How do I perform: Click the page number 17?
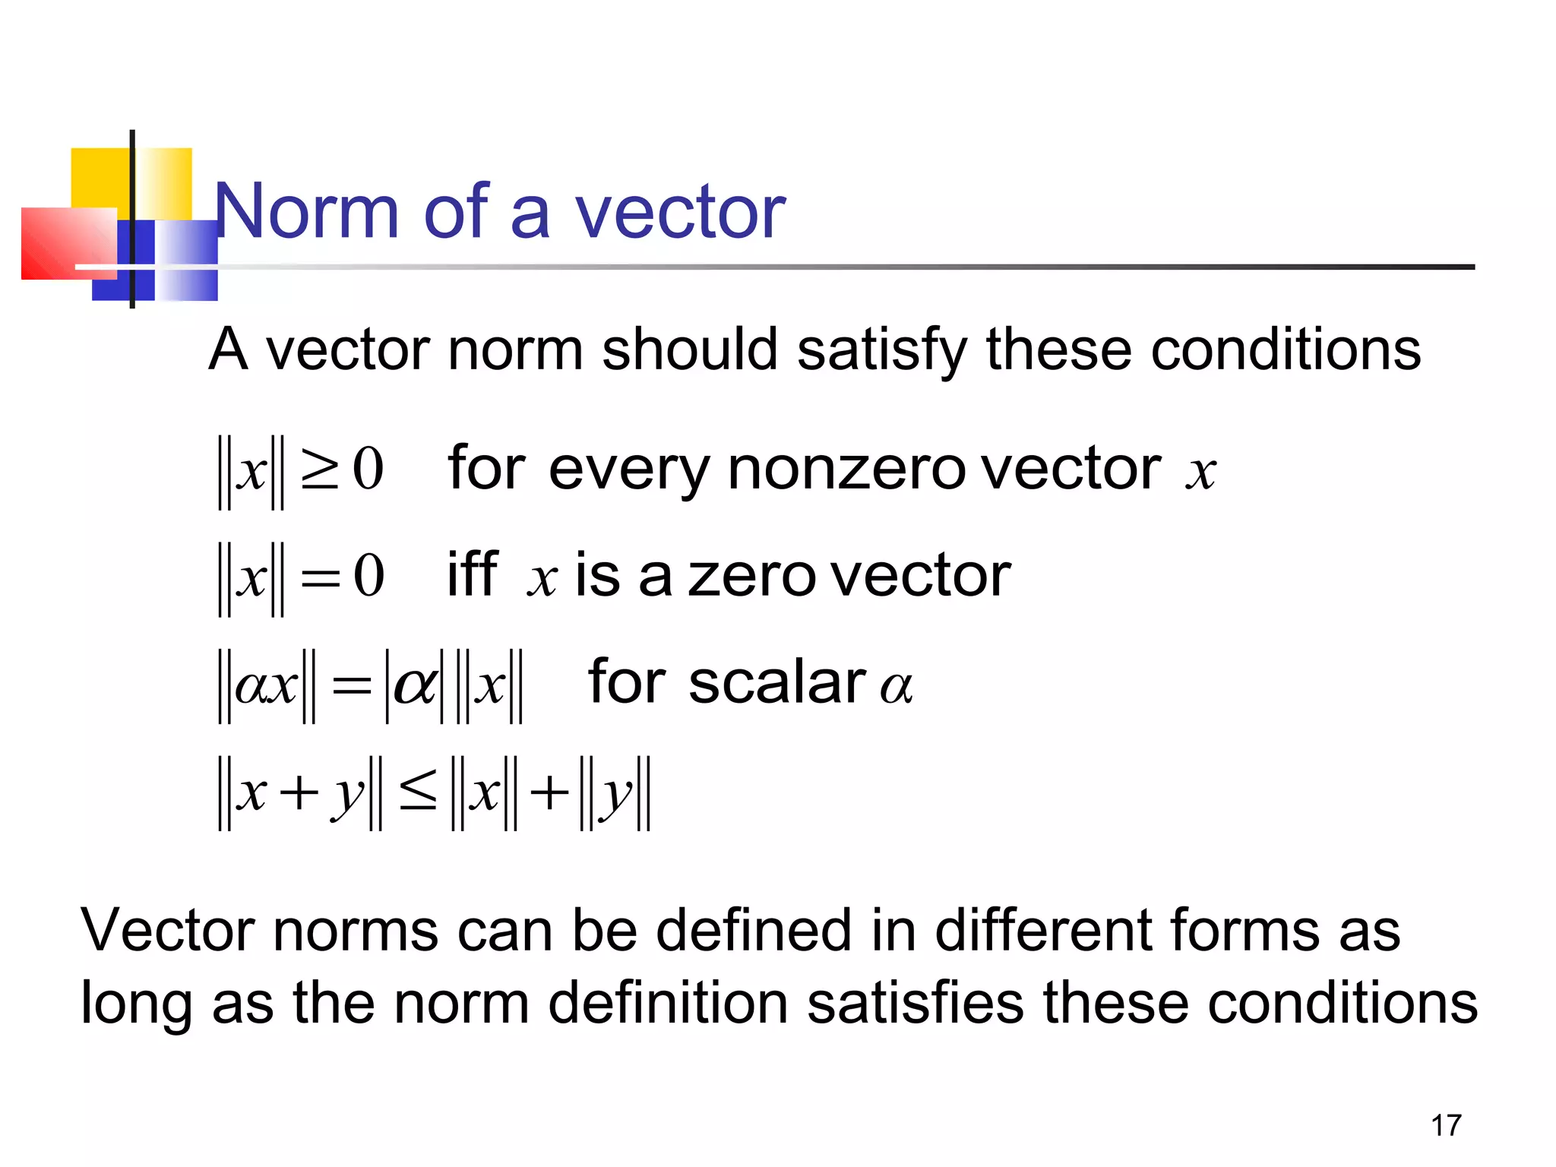pyautogui.click(x=1446, y=1125)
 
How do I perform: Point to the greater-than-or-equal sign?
pyautogui.click(x=320, y=470)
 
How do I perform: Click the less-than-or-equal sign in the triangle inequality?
pyautogui.click(x=418, y=792)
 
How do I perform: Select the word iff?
pyautogui.click(x=473, y=575)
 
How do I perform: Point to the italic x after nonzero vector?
pyautogui.click(x=1200, y=473)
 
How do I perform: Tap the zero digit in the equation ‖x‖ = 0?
pyautogui.click(x=369, y=575)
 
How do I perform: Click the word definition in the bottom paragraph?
pyautogui.click(x=668, y=1003)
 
